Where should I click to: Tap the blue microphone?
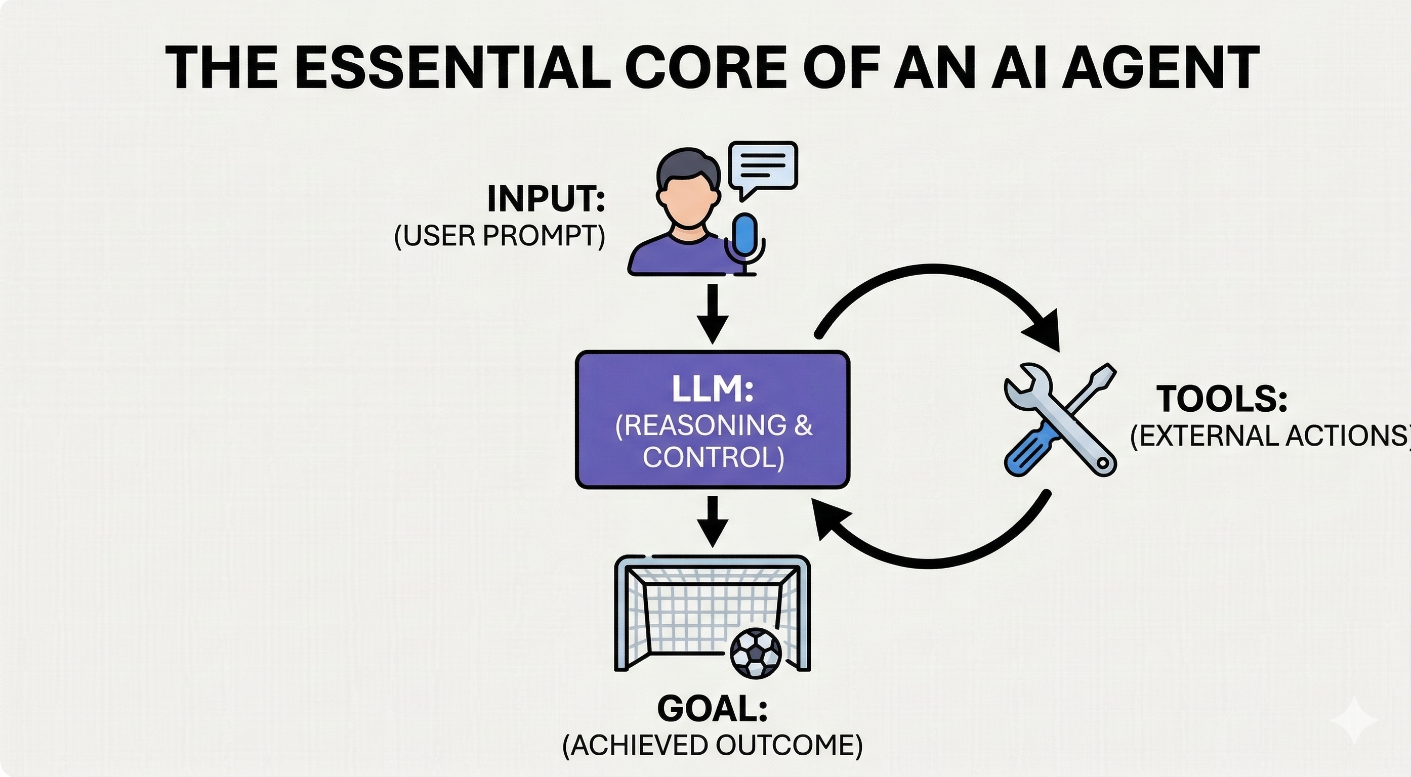point(745,235)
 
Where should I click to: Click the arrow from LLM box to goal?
point(713,520)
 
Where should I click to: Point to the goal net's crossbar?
point(712,563)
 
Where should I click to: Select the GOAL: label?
point(712,709)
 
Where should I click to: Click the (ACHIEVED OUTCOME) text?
point(712,746)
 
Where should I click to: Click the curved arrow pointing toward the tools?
point(931,274)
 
